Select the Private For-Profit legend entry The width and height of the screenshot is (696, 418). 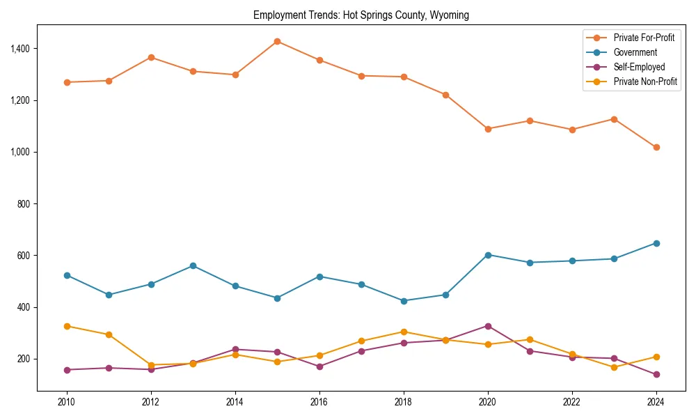click(x=644, y=38)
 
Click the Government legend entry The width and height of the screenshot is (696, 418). click(x=635, y=52)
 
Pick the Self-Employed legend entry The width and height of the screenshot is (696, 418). click(x=639, y=67)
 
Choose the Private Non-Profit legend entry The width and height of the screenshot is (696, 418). click(x=645, y=82)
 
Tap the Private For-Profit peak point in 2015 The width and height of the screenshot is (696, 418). click(x=277, y=41)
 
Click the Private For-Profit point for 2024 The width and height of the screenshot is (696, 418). click(x=656, y=147)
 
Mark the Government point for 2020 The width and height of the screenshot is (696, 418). click(x=488, y=255)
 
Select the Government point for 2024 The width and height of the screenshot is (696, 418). click(x=656, y=243)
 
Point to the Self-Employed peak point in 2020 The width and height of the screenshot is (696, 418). click(x=488, y=326)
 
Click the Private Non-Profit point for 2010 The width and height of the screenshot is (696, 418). click(x=67, y=326)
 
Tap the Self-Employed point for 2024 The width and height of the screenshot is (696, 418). click(x=656, y=374)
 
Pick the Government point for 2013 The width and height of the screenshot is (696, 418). click(x=193, y=265)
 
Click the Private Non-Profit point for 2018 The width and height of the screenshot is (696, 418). click(x=404, y=332)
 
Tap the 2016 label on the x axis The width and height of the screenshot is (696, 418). click(x=319, y=402)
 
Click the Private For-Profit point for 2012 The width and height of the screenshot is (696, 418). click(x=151, y=57)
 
